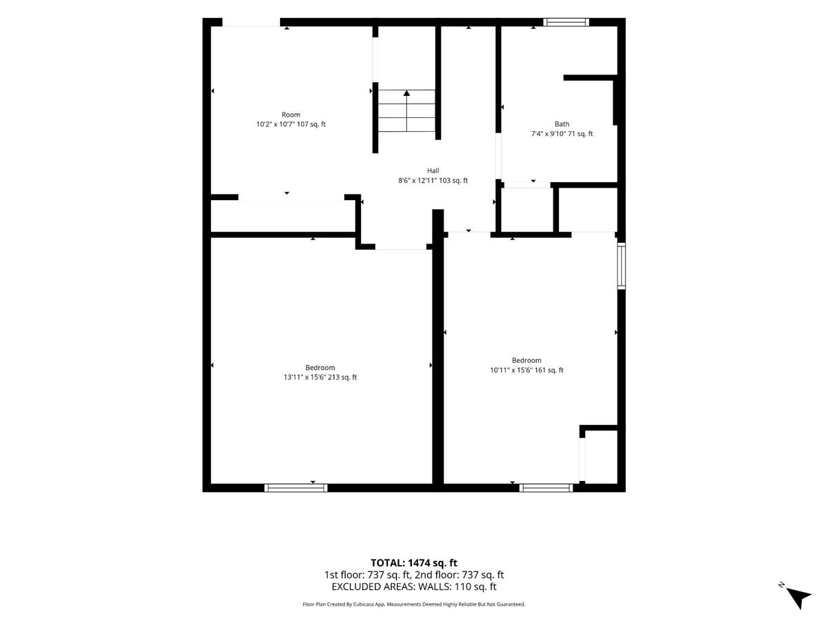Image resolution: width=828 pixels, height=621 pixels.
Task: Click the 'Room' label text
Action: pos(291,115)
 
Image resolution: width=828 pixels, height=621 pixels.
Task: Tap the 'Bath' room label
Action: pos(562,124)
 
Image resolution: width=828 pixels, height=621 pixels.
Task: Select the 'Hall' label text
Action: pos(433,171)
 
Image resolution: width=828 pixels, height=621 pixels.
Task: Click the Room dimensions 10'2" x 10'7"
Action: pos(291,124)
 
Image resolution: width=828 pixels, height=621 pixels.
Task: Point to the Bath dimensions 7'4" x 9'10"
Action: pos(562,133)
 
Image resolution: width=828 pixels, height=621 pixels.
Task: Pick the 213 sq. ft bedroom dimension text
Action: pos(320,377)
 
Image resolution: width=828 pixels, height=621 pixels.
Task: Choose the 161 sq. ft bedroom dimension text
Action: pos(526,370)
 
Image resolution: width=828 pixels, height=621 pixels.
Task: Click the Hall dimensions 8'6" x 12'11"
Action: pos(433,180)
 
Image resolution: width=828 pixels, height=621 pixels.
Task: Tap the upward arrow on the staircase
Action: pos(406,110)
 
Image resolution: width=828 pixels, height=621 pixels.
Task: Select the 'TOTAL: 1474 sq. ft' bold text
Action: pos(414,563)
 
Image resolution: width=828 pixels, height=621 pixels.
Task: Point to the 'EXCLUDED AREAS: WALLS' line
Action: pos(414,586)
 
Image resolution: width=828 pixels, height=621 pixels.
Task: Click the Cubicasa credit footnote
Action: pos(414,604)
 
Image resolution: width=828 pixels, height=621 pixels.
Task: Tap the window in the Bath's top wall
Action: pos(566,22)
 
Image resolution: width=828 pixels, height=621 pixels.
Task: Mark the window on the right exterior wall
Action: pos(621,266)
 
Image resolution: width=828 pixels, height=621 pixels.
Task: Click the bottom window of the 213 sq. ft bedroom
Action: pos(296,488)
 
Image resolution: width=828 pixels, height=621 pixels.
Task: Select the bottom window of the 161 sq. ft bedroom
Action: pos(546,488)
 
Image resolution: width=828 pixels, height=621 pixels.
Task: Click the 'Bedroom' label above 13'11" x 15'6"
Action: pos(320,368)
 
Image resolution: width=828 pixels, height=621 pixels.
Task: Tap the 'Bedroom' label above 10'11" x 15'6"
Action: pos(526,360)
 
